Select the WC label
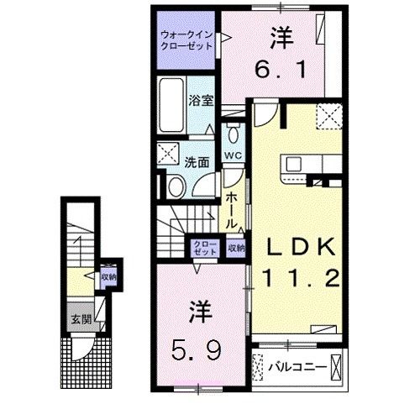(x=233, y=156)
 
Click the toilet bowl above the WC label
(x=234, y=134)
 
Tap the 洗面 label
(x=198, y=162)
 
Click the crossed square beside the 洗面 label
(x=167, y=154)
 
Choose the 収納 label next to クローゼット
(x=236, y=248)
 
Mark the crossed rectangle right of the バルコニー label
(x=337, y=366)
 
